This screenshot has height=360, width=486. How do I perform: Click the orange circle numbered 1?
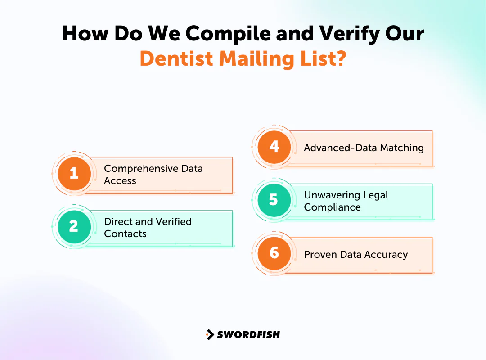point(74,174)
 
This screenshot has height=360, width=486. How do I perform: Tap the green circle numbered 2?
point(74,227)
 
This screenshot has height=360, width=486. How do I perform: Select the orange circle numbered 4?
point(274,147)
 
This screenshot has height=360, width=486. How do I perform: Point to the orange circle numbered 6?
point(274,253)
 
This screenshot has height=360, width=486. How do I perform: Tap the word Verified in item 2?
point(173,221)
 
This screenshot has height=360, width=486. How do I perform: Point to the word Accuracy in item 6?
point(386,254)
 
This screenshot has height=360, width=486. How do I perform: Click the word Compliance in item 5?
point(332,207)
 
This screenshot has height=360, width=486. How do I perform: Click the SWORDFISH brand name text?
point(248,334)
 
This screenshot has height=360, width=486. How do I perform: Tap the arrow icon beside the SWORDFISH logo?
point(210,334)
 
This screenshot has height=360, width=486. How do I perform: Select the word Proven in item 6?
point(320,254)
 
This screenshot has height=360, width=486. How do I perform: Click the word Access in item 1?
point(120,180)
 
